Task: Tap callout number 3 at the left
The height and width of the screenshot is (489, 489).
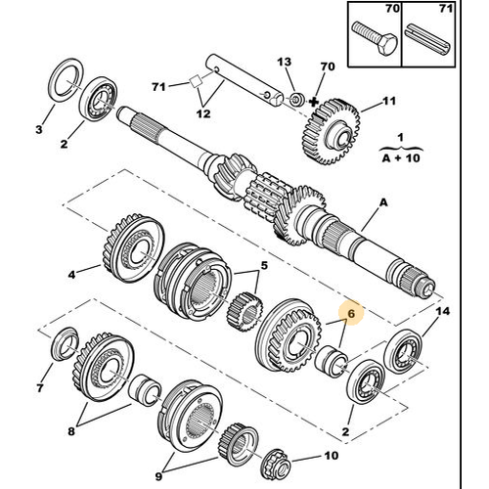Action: tap(39, 129)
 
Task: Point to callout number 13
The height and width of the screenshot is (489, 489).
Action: tap(285, 62)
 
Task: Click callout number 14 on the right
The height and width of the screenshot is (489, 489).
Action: tap(442, 310)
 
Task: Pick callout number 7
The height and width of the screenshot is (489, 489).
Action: tap(39, 388)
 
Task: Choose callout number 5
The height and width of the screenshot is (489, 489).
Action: tap(263, 264)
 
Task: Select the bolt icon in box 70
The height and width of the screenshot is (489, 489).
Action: tap(373, 37)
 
